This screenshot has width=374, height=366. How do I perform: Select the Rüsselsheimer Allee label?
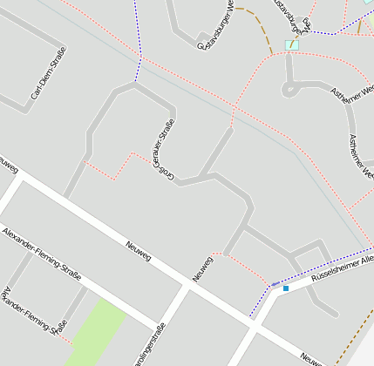(x=342, y=274)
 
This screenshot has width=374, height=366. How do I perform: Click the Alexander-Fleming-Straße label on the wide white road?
(x=41, y=254)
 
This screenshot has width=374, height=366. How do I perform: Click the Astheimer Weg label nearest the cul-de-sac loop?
(x=348, y=103)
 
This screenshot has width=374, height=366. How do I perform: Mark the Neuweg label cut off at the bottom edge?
(x=312, y=358)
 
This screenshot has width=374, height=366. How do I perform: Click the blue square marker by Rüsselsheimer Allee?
(x=285, y=288)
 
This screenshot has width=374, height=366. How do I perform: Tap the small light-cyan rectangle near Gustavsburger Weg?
(x=292, y=44)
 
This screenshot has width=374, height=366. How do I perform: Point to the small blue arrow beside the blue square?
(x=275, y=285)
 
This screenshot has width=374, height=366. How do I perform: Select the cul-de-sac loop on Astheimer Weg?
(x=290, y=88)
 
